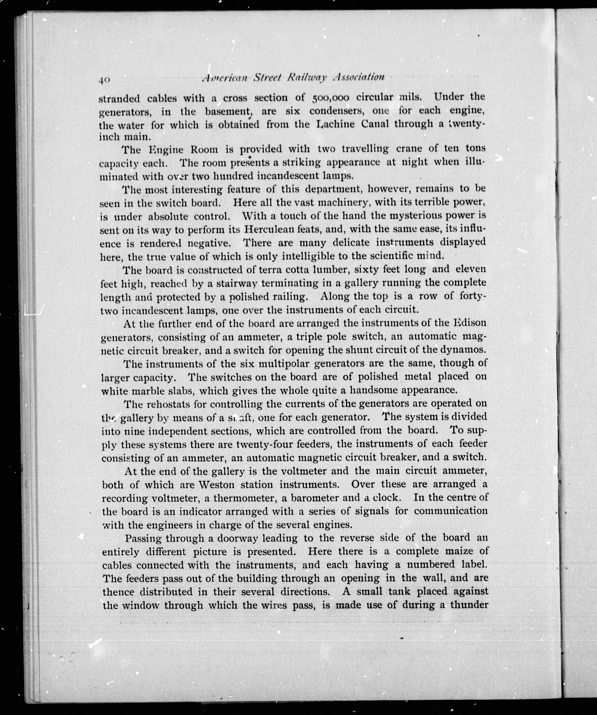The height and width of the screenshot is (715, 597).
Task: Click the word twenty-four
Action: click(x=265, y=444)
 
